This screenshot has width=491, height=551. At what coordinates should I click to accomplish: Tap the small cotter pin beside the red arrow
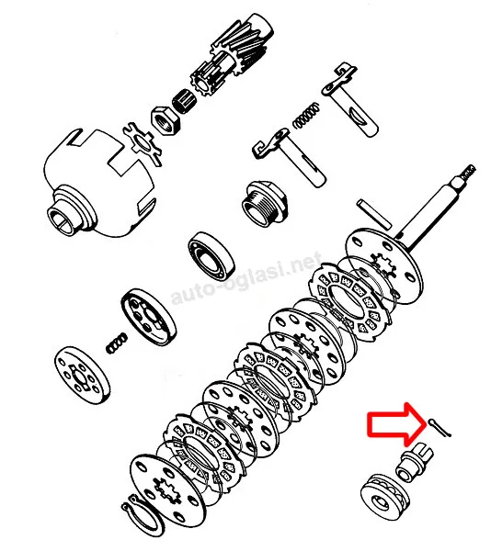click(440, 429)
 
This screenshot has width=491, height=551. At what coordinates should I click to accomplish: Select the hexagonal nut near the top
click(166, 119)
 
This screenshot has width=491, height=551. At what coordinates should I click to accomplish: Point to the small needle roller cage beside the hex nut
click(184, 99)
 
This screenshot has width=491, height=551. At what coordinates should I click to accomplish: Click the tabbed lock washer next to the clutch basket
click(143, 143)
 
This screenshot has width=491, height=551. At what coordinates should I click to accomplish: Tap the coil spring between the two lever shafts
click(307, 116)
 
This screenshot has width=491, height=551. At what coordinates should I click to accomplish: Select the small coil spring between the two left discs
click(117, 343)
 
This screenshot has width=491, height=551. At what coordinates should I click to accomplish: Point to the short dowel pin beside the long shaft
click(374, 214)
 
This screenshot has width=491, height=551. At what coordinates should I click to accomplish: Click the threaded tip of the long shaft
click(467, 172)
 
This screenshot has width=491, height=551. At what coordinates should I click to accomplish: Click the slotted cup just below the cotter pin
click(415, 461)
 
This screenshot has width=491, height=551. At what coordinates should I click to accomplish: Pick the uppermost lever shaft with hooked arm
click(350, 99)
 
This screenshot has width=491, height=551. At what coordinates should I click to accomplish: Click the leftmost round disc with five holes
click(82, 376)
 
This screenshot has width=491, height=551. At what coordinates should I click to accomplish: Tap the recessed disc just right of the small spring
click(149, 317)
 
